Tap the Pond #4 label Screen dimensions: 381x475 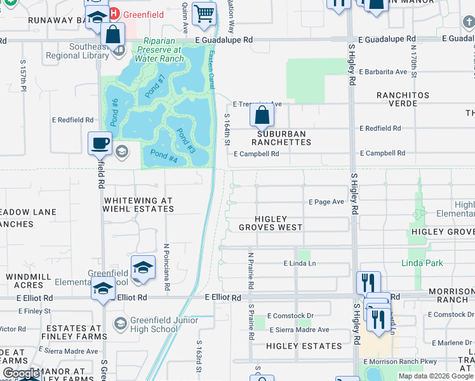tap(164, 156)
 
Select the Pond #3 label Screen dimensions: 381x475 tap(185, 141)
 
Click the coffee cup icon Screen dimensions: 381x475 tap(100, 144)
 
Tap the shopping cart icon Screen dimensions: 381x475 tap(204, 13)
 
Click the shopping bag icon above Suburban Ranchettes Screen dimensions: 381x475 tap(262, 116)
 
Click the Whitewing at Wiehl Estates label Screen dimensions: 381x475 tap(138, 204)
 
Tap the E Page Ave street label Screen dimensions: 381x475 tap(326, 202)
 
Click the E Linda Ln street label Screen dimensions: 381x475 tap(300, 263)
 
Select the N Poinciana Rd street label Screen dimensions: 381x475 tap(166, 267)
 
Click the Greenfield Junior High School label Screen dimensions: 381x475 tap(154, 324)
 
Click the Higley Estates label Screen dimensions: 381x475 tap(304, 346)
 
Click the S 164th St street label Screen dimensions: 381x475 tap(227, 130)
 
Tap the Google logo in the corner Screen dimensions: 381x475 tap(22, 373)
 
